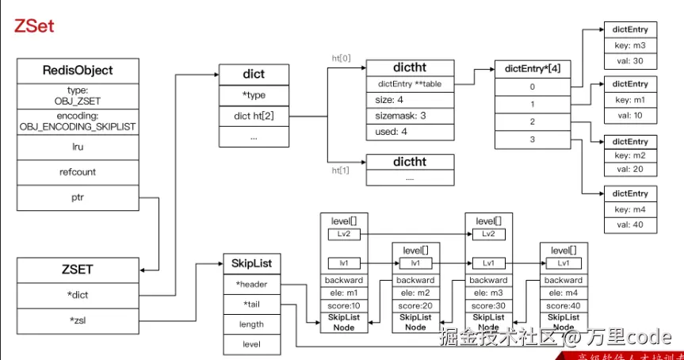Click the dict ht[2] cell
pos(254,116)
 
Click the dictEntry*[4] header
pos(533,69)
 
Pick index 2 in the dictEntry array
pos(533,121)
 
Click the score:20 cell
pos(415,305)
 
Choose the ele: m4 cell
pos(563,293)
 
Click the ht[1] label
pos(341,170)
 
